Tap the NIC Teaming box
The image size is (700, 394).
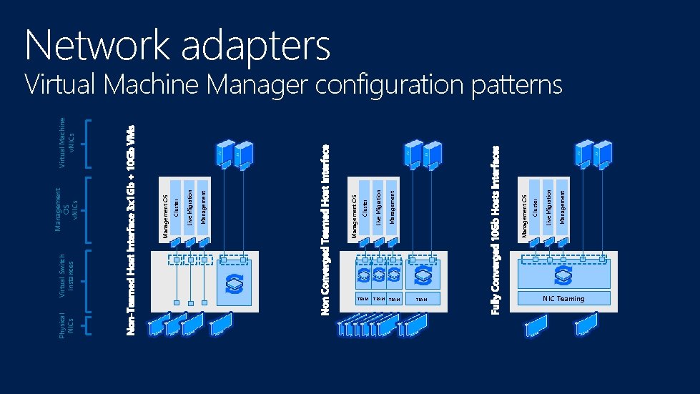(x=563, y=299)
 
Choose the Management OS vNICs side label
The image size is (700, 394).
(x=65, y=210)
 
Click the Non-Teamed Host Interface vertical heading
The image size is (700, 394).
(x=130, y=228)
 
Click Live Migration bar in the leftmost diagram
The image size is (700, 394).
(x=190, y=207)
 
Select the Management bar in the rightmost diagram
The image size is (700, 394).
(x=562, y=207)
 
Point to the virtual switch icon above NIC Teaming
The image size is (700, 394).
(x=563, y=276)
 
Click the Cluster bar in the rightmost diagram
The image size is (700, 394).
(x=535, y=207)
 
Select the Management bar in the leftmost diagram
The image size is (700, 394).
(x=204, y=207)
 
